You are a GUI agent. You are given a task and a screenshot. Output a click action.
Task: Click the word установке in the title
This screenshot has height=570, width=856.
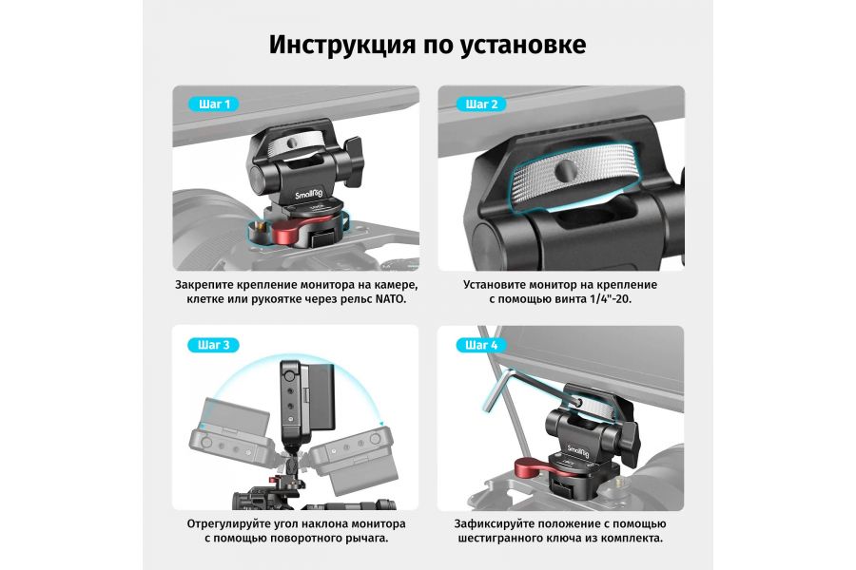tap(521, 45)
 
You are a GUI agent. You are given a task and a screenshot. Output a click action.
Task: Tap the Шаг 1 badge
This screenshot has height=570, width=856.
tap(214, 104)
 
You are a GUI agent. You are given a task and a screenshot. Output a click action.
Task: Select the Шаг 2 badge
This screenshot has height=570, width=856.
tap(480, 104)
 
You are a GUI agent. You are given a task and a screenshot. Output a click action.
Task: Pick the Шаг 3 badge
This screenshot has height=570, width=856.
tap(214, 345)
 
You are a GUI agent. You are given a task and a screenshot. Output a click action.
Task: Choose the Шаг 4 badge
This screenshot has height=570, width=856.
tap(480, 345)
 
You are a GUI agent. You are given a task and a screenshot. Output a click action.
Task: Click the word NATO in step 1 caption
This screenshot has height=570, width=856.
tap(388, 299)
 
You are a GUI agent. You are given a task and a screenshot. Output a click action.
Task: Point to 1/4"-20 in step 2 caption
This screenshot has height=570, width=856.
tap(605, 299)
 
